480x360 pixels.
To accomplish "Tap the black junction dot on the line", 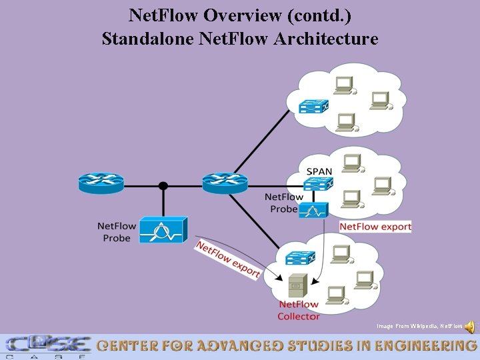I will pyautogui.click(x=163, y=186).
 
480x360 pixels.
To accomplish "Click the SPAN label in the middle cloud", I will pyautogui.click(x=319, y=171).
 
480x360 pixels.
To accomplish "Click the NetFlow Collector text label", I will pyautogui.click(x=298, y=311).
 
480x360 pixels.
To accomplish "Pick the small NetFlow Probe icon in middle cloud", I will pyautogui.click(x=313, y=210).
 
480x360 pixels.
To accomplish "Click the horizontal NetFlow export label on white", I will pyautogui.click(x=375, y=227).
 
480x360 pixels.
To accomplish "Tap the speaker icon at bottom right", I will pyautogui.click(x=470, y=327).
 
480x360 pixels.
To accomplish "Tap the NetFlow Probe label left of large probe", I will pyautogui.click(x=117, y=231).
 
